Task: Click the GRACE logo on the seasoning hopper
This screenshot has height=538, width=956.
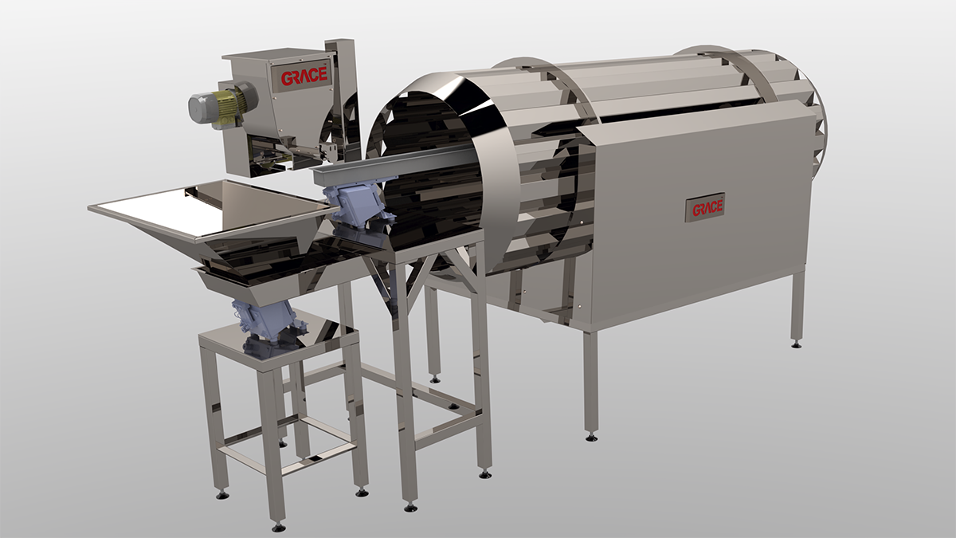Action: click(304, 77)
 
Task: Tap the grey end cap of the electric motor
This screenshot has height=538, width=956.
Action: click(198, 109)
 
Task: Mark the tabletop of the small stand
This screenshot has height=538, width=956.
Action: click(277, 341)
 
